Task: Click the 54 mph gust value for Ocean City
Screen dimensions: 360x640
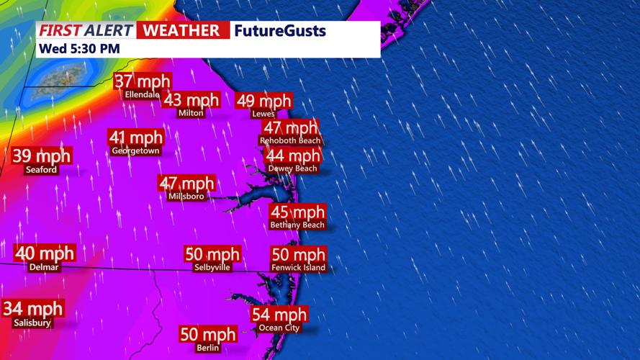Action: [x=279, y=315]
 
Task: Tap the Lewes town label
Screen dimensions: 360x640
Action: [x=263, y=114]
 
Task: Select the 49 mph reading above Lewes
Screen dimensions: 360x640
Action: [x=264, y=101]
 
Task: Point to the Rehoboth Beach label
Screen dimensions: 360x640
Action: [x=290, y=140]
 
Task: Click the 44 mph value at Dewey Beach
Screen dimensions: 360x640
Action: [x=293, y=156]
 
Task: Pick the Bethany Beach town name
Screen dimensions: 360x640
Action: [x=297, y=225]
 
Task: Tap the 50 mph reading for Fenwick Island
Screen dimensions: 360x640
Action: [x=298, y=255]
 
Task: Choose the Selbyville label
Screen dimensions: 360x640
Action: [x=212, y=267]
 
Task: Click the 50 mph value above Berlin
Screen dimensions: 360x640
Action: [x=208, y=335]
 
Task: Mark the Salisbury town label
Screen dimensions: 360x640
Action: [x=32, y=323]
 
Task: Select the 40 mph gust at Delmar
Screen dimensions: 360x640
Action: [x=45, y=253]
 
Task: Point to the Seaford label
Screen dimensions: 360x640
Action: [x=41, y=170]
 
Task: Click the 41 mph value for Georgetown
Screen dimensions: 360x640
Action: [x=136, y=138]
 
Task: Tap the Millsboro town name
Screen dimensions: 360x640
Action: [x=186, y=196]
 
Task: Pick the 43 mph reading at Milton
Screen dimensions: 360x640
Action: [x=191, y=100]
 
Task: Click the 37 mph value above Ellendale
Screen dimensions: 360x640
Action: [x=143, y=82]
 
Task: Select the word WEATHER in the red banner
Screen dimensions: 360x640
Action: [x=182, y=30]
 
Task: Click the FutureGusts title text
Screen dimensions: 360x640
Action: [x=280, y=30]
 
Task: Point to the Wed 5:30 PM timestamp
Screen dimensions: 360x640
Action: [x=80, y=49]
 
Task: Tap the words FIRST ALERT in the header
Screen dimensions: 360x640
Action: [x=86, y=30]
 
